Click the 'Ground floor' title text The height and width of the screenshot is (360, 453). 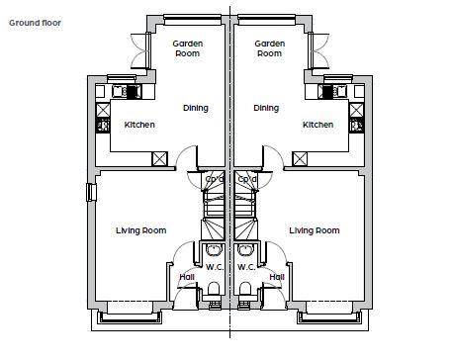[x=35, y=23]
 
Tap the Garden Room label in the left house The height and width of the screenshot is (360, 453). [x=188, y=48]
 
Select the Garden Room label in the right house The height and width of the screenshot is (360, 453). [x=270, y=48]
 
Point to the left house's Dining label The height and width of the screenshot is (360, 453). [x=196, y=108]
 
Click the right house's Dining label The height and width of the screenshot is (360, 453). [x=266, y=108]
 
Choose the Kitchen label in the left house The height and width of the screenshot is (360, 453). [x=139, y=125]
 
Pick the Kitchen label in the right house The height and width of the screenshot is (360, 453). [x=317, y=125]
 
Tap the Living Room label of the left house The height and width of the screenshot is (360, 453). [x=140, y=230]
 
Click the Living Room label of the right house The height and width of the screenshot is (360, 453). [x=315, y=230]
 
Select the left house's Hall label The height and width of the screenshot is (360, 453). [x=187, y=277]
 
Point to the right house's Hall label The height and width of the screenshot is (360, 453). [x=277, y=277]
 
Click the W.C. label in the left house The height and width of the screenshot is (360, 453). [x=215, y=267]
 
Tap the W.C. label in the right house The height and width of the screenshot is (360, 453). [x=246, y=267]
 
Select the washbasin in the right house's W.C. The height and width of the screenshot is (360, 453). [x=246, y=249]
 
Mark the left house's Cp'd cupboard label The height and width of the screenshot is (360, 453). [x=215, y=179]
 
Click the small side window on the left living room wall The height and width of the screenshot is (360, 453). [x=91, y=192]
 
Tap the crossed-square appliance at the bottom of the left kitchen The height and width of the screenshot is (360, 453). [x=159, y=159]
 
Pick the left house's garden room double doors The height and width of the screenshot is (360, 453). [x=141, y=50]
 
